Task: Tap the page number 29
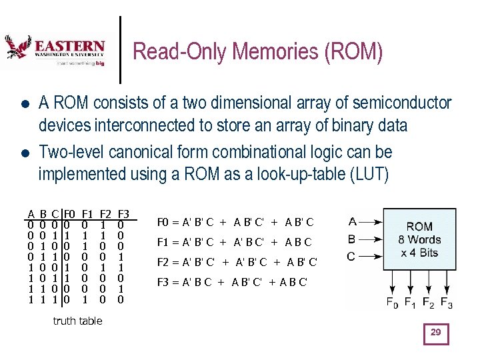click(436, 333)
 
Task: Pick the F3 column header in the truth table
click(123, 215)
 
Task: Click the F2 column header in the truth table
click(105, 215)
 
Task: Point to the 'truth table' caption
click(77, 321)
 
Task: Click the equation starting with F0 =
click(235, 222)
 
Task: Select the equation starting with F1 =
click(234, 242)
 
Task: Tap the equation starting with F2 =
click(237, 262)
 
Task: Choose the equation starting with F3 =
click(232, 282)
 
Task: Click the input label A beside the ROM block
click(352, 222)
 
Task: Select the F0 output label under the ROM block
click(392, 303)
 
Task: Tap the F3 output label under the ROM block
click(447, 303)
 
